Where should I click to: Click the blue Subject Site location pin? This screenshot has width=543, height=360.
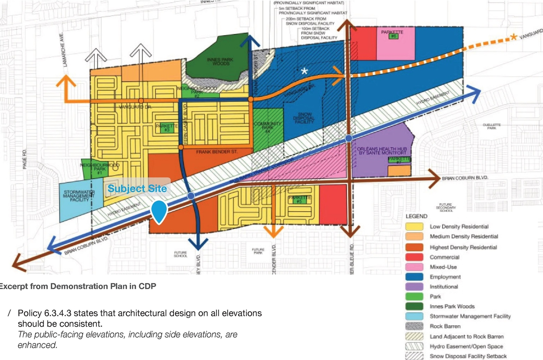pos(159,211)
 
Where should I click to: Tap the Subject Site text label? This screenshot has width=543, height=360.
pos(137,189)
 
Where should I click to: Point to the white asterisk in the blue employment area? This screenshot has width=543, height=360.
pos(304,71)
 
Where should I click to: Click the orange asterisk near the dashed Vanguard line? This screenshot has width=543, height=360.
pos(513,37)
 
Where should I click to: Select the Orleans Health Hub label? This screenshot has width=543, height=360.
pos(377,151)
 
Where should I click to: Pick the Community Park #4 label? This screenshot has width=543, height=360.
pos(268,127)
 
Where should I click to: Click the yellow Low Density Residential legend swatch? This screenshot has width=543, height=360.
pos(414,226)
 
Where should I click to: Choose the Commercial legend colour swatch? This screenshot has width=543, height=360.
pos(414,257)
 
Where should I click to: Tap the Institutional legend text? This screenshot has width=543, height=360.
pos(444,287)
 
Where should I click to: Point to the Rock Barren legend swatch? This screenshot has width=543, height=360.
pos(414,326)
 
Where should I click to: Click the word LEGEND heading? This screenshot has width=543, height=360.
pos(416,216)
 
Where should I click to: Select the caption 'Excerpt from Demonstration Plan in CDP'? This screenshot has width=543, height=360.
pos(77,286)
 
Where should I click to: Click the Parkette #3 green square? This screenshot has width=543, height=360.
pos(167,130)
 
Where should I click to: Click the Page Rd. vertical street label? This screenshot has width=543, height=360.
pos(24,159)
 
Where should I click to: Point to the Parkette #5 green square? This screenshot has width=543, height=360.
pos(299,201)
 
